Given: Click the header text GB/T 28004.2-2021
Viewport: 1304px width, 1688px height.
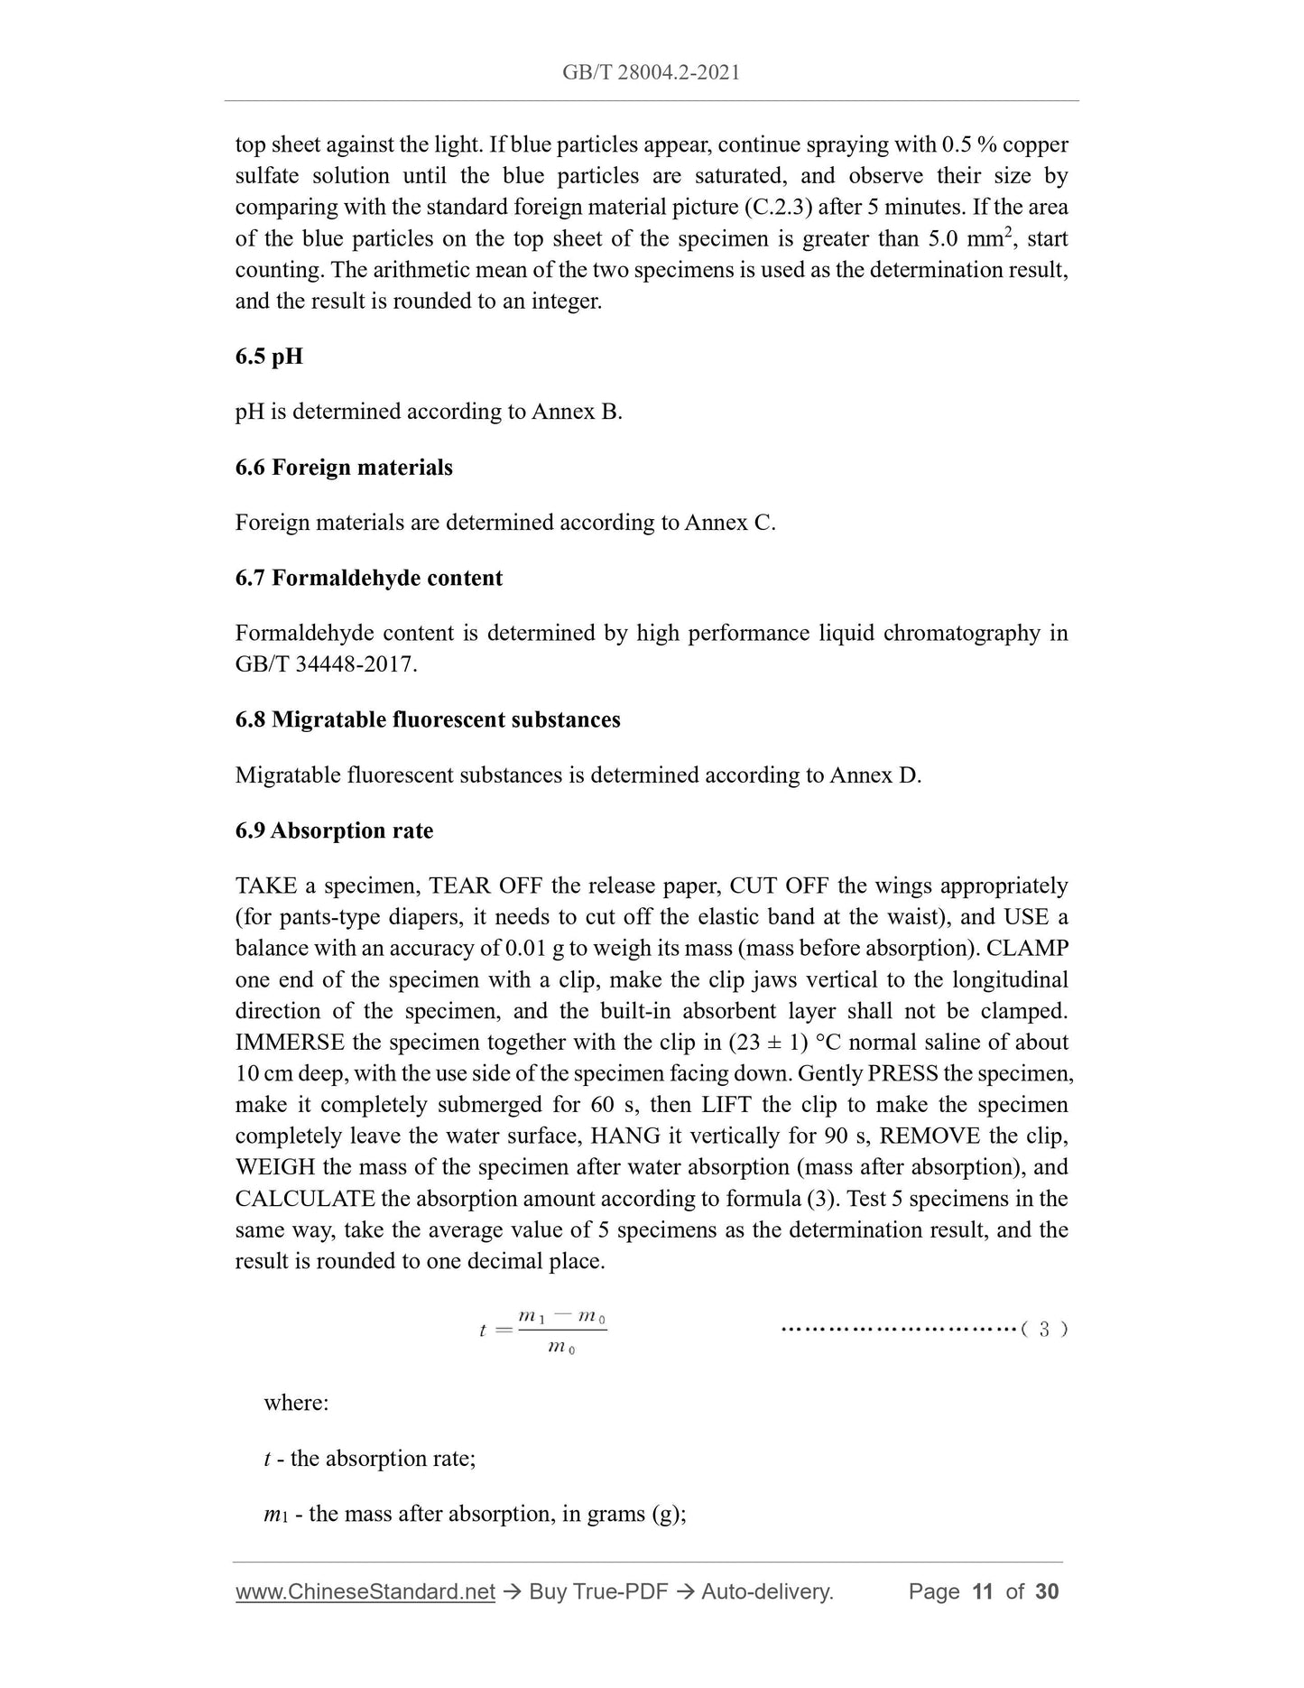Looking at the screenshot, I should click(651, 73).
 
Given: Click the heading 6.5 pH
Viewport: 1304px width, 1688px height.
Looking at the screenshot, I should click(269, 357).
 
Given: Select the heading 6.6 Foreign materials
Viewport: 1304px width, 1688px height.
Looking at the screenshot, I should click(344, 468).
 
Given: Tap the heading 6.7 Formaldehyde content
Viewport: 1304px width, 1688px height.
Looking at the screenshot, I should click(368, 578).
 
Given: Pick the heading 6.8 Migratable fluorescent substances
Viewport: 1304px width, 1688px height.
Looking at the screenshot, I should click(428, 719).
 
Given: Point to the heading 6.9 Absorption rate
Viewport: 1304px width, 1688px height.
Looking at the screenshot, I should click(334, 830).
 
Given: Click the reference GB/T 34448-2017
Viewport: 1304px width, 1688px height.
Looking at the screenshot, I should click(326, 664).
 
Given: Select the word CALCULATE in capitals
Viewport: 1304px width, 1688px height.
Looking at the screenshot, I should click(305, 1199).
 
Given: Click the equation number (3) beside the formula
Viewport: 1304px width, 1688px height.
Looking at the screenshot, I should click(1044, 1329).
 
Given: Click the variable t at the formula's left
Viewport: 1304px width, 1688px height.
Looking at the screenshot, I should click(483, 1330).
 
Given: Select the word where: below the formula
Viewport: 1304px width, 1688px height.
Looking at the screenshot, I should click(296, 1403).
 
